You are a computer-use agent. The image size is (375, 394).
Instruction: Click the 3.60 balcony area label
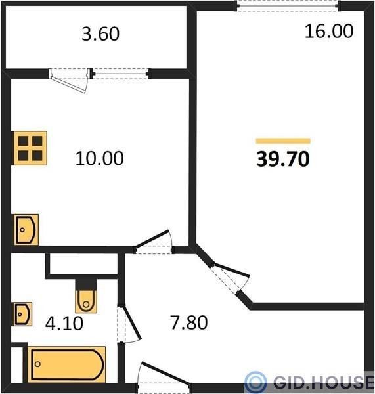100,34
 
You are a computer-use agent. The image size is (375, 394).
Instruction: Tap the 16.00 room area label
329,31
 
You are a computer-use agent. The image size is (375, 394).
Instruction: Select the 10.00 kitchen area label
100,158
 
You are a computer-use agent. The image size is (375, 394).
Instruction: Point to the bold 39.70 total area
283,159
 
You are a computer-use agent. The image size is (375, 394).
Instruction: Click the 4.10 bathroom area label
64,323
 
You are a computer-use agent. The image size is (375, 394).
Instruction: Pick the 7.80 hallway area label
188,322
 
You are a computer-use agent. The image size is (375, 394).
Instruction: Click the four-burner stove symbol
30,148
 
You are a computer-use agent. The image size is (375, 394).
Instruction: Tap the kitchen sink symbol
26,230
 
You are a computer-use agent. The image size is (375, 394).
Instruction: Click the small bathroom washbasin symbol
22,314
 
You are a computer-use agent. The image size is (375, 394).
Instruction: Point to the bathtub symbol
66,364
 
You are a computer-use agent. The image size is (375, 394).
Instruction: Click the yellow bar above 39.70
283,141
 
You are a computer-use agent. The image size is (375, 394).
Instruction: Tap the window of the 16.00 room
288,6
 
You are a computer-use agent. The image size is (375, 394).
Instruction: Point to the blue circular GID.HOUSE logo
255,382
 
